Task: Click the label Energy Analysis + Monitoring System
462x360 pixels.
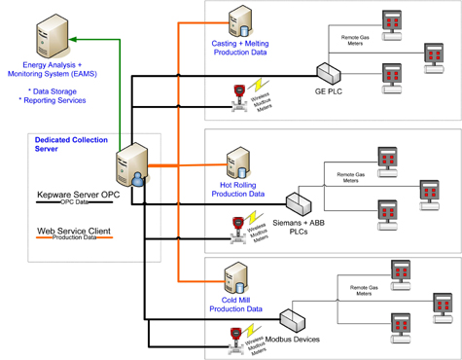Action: click(52, 71)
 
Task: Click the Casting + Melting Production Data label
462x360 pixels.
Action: click(242, 49)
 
